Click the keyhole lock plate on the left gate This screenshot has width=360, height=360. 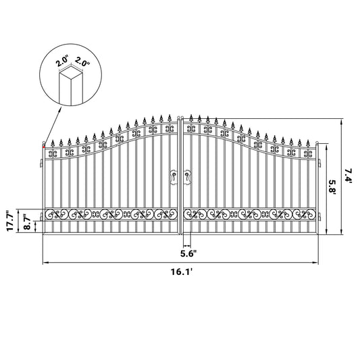click(x=174, y=176)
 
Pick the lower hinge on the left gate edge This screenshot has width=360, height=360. click(x=41, y=216)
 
